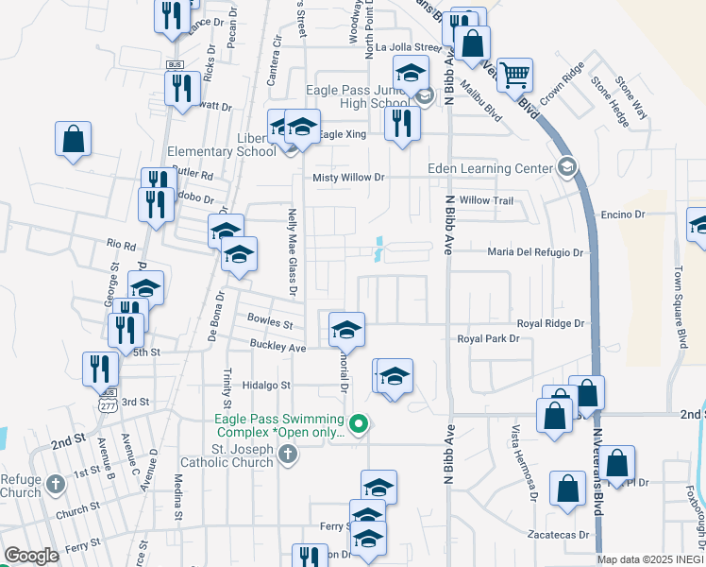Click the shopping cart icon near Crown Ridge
tap(514, 75)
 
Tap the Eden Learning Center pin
tap(566, 169)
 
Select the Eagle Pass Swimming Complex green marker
tap(358, 424)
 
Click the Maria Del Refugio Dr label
tap(536, 252)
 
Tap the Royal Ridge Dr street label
tap(550, 323)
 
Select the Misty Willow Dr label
tap(349, 178)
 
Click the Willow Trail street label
tap(486, 200)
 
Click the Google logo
tap(31, 557)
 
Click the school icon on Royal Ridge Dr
tap(347, 330)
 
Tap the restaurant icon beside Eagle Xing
tap(402, 122)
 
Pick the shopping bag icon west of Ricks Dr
tap(73, 140)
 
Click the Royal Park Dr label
tap(488, 338)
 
